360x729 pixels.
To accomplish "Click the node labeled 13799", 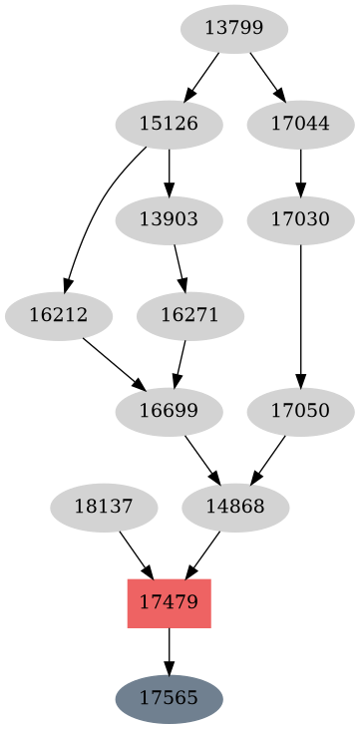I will (x=234, y=29).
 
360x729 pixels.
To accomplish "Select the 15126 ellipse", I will (x=169, y=125).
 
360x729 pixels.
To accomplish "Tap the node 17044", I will (x=300, y=125).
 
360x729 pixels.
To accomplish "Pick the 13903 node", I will (x=169, y=219).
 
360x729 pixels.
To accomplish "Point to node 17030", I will (x=300, y=219).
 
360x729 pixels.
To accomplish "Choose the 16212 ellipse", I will (x=58, y=315).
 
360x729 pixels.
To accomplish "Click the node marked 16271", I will (x=189, y=315).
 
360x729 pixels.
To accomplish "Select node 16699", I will (x=169, y=410).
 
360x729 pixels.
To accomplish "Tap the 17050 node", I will (x=300, y=410).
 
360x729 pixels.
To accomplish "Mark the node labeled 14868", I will (x=235, y=506).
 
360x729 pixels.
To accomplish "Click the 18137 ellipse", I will (x=103, y=506).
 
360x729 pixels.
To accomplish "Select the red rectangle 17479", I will (x=169, y=601).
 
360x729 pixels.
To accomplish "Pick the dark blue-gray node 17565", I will (x=169, y=697).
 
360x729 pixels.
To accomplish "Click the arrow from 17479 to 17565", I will (x=169, y=650).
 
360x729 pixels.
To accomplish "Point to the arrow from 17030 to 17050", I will (x=300, y=314).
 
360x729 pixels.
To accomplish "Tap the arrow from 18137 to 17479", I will (x=135, y=553).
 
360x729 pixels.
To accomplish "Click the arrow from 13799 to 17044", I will (x=266, y=76).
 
